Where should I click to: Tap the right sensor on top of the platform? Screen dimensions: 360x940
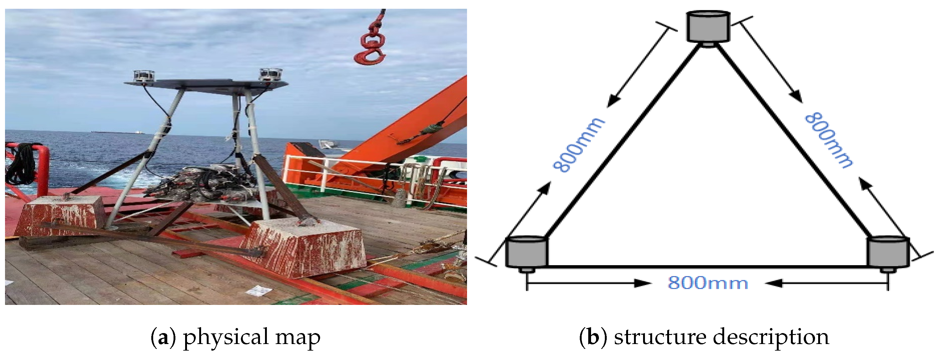pos(270,75)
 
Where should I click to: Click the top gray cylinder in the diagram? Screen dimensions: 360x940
pos(708,27)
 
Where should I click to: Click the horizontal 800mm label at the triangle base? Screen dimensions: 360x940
pos(708,283)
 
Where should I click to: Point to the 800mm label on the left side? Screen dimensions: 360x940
pos(579,145)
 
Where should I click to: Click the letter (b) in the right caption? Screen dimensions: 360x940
pos(593,337)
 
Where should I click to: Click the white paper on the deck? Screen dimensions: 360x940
pos(259,291)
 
